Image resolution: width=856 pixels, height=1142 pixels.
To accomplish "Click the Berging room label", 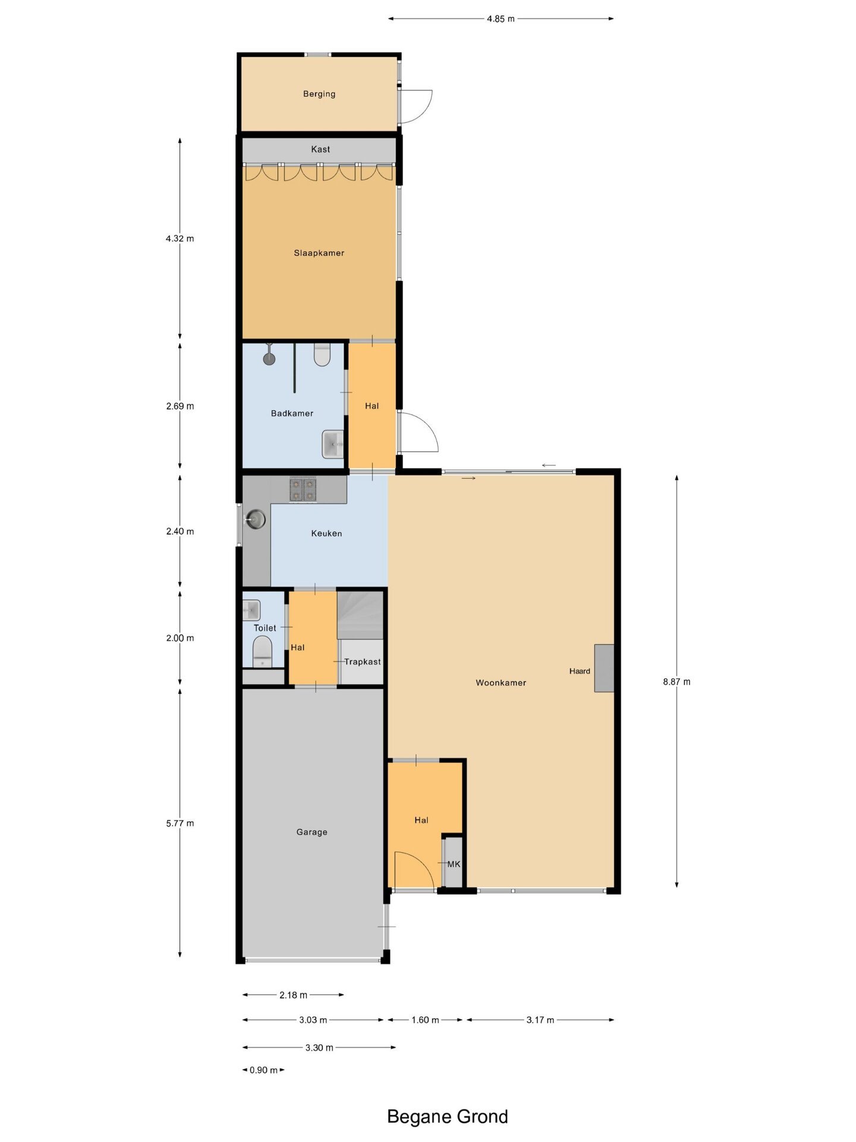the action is [x=319, y=94].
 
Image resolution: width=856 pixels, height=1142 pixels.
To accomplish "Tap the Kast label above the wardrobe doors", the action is [x=320, y=149].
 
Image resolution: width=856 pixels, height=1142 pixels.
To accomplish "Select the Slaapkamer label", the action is [x=319, y=253].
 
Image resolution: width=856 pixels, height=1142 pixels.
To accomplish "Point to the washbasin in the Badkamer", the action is [x=333, y=444].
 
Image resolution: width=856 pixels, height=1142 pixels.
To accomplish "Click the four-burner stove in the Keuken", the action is [x=303, y=490].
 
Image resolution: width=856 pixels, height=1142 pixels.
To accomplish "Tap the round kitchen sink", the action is [x=256, y=519].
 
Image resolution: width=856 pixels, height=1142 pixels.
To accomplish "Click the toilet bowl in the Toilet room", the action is [x=262, y=651].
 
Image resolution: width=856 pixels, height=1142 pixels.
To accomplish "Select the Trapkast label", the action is [x=363, y=661].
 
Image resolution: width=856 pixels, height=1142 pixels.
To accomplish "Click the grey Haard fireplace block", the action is [x=605, y=668].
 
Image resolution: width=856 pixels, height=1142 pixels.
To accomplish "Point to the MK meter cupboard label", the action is [x=454, y=864].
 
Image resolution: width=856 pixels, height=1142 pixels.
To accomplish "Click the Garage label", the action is [x=312, y=832].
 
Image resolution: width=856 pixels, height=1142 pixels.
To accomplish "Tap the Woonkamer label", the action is [x=501, y=683].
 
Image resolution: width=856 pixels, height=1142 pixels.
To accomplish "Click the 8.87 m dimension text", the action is [x=677, y=682].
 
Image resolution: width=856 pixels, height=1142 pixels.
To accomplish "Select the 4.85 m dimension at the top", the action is [x=501, y=19].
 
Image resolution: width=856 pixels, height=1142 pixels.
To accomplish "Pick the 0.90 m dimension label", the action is [x=263, y=1070].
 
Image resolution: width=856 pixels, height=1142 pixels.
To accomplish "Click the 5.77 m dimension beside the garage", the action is [x=180, y=823].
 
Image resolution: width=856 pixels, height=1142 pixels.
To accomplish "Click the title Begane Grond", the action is [x=448, y=1116].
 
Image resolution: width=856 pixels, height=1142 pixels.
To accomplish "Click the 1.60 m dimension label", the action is [x=426, y=1020].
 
